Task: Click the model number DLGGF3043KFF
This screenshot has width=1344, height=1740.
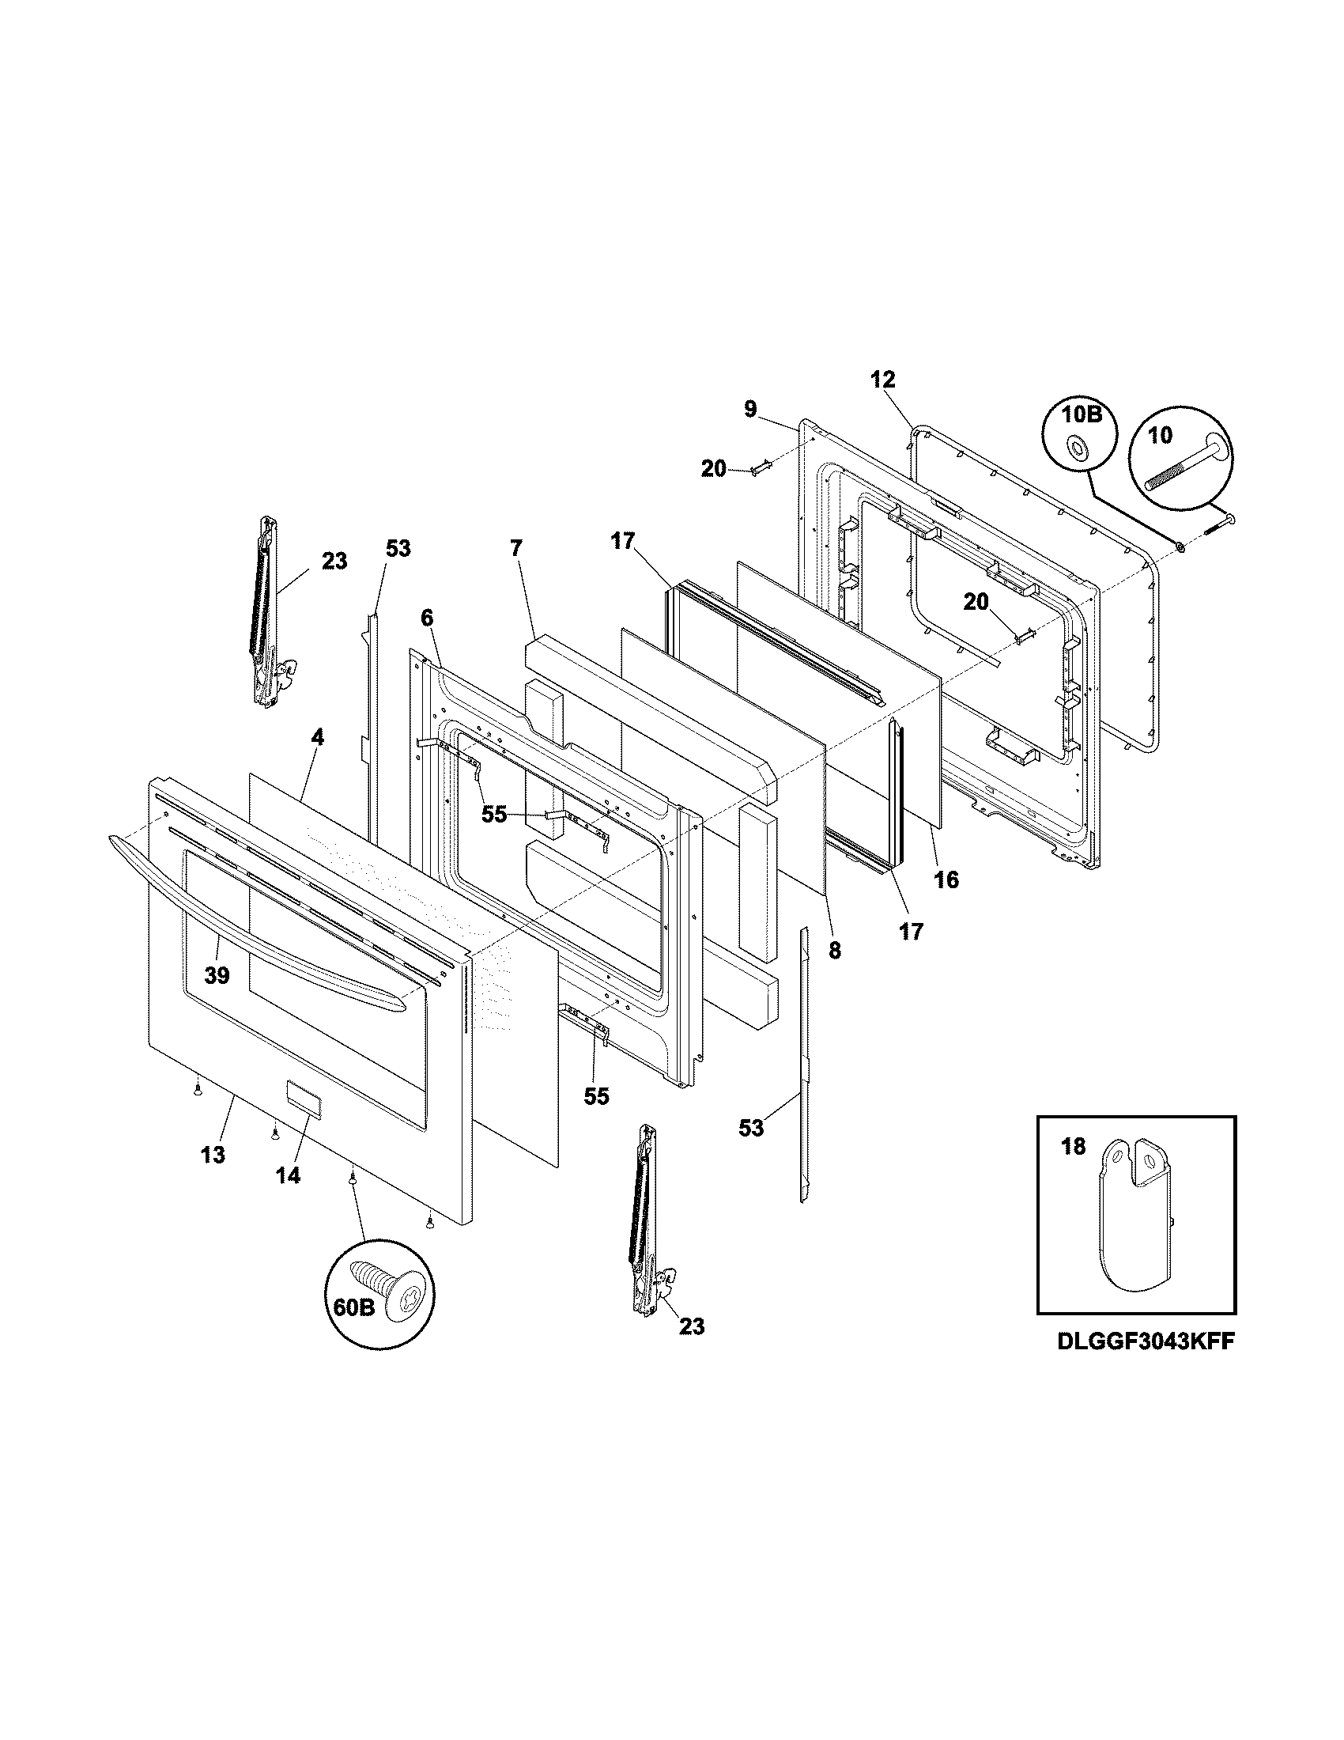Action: point(1146,1341)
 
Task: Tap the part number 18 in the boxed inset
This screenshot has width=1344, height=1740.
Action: point(1074,1148)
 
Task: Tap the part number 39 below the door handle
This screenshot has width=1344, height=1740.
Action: point(217,974)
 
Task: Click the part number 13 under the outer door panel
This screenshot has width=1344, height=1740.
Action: point(213,1155)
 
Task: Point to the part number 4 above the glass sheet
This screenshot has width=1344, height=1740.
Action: point(317,738)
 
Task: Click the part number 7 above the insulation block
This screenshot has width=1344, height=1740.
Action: point(516,548)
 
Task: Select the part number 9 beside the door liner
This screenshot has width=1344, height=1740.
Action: point(751,409)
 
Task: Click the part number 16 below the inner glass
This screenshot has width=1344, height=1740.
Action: point(946,879)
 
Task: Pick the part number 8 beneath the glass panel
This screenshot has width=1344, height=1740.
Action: point(833,950)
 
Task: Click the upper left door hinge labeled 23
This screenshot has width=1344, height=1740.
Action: point(266,610)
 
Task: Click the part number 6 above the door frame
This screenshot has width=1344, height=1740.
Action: point(427,618)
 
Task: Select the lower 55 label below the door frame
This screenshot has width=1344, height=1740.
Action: point(596,1096)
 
